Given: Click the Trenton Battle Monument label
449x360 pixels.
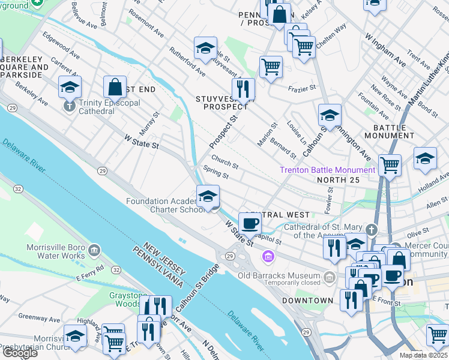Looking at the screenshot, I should click(327, 170).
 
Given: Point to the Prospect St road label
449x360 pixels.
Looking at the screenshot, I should click(223, 133).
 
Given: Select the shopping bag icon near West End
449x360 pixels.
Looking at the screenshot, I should click(115, 87).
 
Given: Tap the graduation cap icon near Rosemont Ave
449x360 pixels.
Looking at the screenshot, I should click(205, 49).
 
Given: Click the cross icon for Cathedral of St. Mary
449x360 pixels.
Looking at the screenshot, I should click(372, 230).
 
